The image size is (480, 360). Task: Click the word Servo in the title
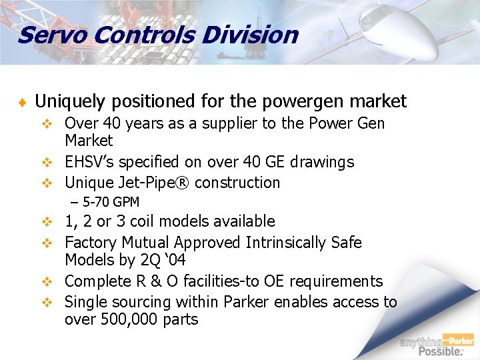click(45, 35)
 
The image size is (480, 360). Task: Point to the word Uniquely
click(70, 101)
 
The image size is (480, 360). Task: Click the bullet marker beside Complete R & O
click(47, 282)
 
